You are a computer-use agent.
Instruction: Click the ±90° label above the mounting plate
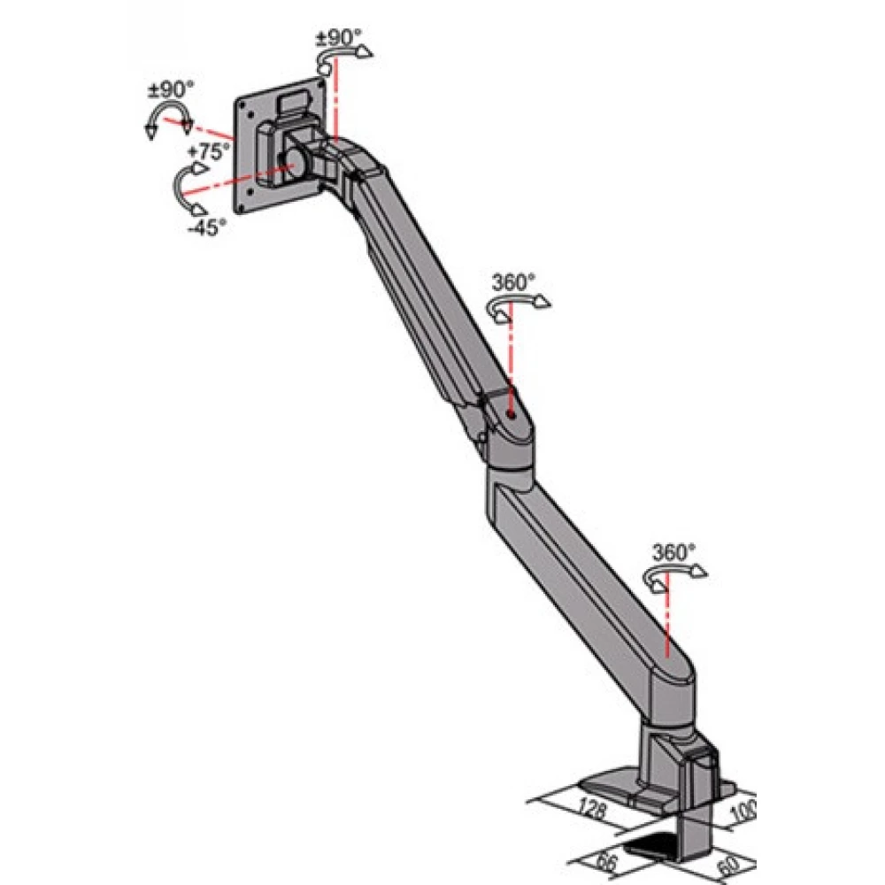(x=338, y=38)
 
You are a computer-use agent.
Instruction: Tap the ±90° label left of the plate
(x=171, y=89)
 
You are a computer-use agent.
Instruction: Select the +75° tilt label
(x=209, y=151)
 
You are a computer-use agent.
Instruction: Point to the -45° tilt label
(x=206, y=227)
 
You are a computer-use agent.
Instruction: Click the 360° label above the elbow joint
(x=513, y=282)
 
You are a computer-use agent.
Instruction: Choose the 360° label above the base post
(x=673, y=552)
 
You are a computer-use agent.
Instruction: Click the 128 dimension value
(x=592, y=810)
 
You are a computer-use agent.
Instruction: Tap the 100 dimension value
(x=743, y=812)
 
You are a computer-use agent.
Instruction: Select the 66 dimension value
(x=607, y=863)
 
